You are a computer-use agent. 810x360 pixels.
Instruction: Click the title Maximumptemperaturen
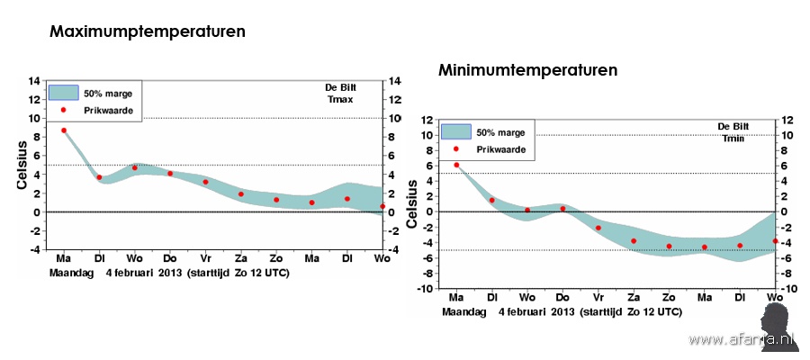click(148, 31)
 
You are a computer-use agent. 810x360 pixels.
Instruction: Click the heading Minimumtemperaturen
click(527, 69)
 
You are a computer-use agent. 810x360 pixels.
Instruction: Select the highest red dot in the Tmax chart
click(64, 130)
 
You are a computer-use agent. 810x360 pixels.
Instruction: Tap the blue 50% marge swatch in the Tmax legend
click(64, 93)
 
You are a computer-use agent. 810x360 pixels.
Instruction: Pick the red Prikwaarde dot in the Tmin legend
click(456, 148)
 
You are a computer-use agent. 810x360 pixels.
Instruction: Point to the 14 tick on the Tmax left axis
click(33, 81)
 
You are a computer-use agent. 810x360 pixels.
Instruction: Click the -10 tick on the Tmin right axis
click(788, 289)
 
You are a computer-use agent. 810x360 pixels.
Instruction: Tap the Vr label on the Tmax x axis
click(205, 258)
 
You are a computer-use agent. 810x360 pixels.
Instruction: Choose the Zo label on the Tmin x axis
click(668, 297)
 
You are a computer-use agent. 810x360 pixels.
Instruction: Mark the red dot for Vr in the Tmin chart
click(598, 228)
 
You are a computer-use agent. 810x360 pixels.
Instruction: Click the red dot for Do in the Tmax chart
click(170, 174)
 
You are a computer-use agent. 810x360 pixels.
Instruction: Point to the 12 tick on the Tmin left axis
click(427, 120)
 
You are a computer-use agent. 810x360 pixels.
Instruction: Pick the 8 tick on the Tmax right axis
click(393, 137)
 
